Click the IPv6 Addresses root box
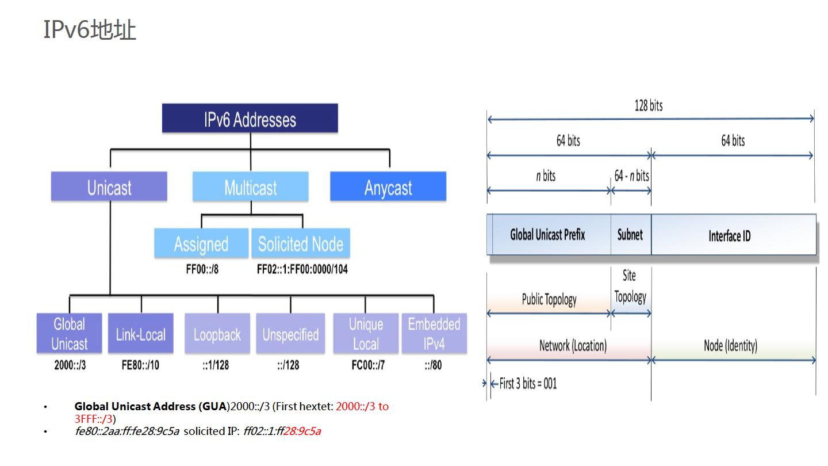[x=250, y=119]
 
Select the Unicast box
[x=109, y=187]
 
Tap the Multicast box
[x=250, y=187]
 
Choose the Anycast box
[x=388, y=187]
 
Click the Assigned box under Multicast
[x=201, y=244]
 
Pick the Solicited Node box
[x=301, y=244]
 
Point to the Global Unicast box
[x=70, y=334]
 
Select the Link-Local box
[x=141, y=334]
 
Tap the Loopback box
[x=217, y=334]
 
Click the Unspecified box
[x=290, y=334]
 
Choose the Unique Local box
[x=366, y=334]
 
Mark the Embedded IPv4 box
[x=434, y=334]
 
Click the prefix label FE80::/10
[x=140, y=365]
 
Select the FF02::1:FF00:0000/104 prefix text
[x=302, y=269]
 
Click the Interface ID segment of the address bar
[x=730, y=235]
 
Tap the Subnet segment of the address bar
[x=630, y=235]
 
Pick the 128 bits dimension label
[x=649, y=106]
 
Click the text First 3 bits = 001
[x=528, y=384]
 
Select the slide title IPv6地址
[x=90, y=29]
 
